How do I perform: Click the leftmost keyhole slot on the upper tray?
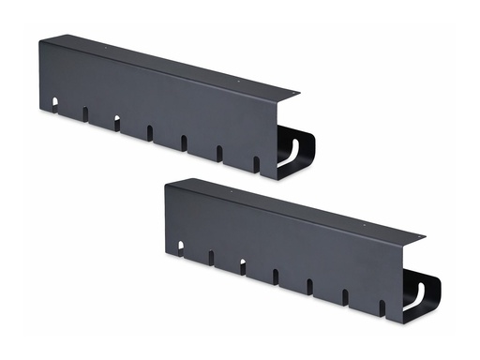(54, 105)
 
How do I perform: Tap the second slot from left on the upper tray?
(84, 114)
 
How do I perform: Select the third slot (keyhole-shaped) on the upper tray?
(116, 123)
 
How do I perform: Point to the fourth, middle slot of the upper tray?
(149, 133)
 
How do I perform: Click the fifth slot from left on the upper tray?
(184, 143)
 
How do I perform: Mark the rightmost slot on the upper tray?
(256, 164)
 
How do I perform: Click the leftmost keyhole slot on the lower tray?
(180, 247)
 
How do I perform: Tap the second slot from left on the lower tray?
(211, 257)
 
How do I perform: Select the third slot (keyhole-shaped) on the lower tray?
(242, 266)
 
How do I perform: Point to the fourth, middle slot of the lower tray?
(275, 277)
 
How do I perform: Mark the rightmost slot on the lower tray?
(382, 307)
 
